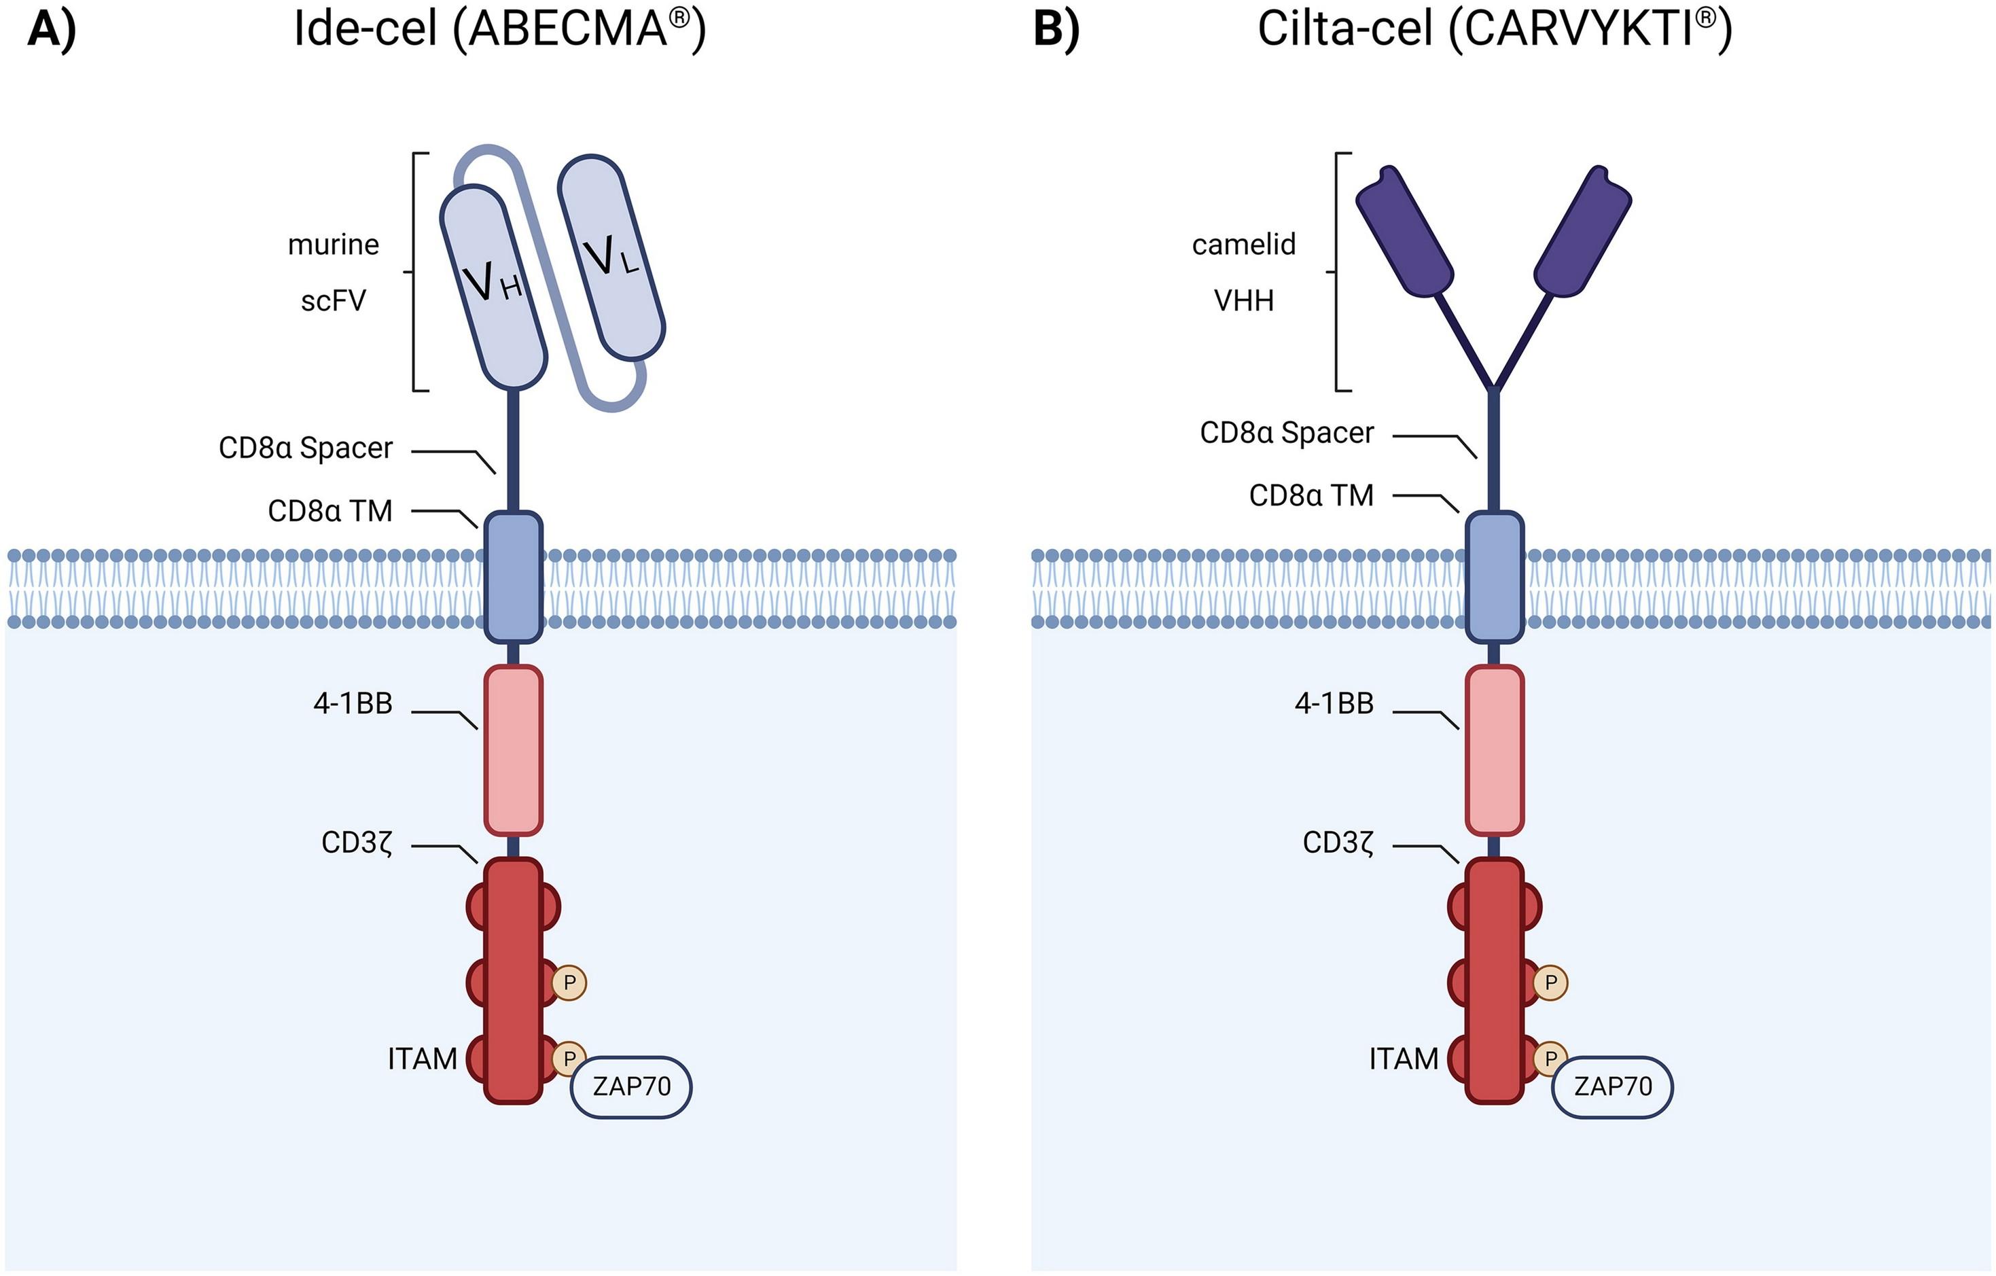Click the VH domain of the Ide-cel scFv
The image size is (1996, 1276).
pos(493,286)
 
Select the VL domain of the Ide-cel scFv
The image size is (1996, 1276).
pos(611,257)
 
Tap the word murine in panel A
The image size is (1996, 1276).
pos(333,245)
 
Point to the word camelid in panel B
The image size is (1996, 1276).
pos(1243,245)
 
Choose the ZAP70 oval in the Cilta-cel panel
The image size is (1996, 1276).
pos(1612,1086)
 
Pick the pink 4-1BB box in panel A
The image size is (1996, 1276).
pos(513,750)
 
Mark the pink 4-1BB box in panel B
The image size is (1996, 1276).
pos(1495,750)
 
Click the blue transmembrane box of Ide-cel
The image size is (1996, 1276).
pos(513,577)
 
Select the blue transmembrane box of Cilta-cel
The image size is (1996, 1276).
pos(1495,577)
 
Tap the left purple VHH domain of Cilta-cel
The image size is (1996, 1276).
pos(1404,232)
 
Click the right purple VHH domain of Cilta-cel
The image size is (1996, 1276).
pos(1583,232)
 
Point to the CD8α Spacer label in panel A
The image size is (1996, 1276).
pos(305,448)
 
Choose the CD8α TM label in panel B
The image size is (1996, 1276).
pos(1311,496)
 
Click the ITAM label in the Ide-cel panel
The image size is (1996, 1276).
pos(422,1059)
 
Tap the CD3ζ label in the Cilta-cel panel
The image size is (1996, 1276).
pos(1338,843)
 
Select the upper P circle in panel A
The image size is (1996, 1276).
pos(569,982)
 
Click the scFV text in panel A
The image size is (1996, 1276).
pos(333,300)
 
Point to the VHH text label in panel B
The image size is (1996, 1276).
pos(1243,300)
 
